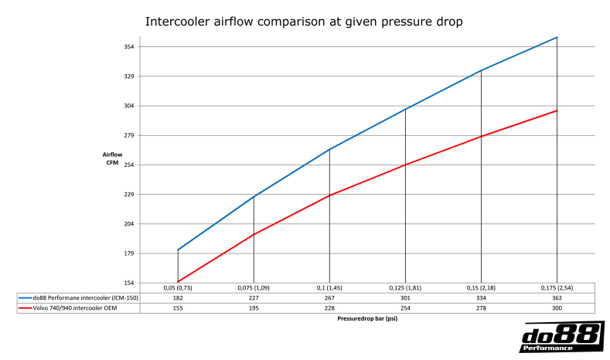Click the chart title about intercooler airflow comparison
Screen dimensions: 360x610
coord(304,22)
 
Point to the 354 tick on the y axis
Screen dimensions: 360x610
coord(128,47)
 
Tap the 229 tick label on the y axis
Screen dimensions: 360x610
coord(128,195)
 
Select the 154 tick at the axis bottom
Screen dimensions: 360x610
coord(128,284)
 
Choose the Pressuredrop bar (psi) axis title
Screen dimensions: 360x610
coord(367,318)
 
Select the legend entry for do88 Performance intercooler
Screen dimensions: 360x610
coord(80,297)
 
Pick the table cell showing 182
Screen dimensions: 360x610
coord(178,297)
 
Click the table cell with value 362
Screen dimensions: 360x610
coord(557,297)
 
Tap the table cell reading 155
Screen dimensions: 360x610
coord(178,307)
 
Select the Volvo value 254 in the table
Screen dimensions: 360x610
coord(405,307)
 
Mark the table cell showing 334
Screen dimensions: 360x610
coord(481,297)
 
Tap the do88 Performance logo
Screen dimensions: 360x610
coord(561,338)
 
